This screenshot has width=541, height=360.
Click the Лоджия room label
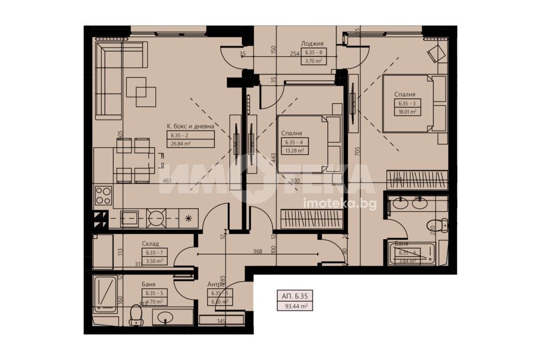point(313,44)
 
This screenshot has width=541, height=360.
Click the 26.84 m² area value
point(181,144)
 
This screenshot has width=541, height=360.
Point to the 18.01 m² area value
point(407,112)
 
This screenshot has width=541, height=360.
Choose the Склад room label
point(150,244)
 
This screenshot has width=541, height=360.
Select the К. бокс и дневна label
point(190,125)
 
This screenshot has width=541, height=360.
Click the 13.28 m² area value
point(293,151)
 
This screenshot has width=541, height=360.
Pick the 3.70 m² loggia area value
point(313,61)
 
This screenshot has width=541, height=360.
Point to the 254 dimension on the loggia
point(294,54)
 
